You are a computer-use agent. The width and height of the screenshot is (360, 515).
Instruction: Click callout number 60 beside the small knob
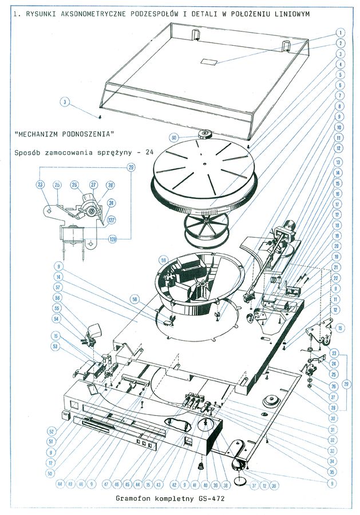click(175, 137)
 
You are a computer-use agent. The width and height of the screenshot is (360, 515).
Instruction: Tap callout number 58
click(135, 298)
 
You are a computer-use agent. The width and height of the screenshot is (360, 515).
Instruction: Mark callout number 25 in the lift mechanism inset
click(57, 185)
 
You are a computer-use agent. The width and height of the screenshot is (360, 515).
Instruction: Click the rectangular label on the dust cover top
click(207, 61)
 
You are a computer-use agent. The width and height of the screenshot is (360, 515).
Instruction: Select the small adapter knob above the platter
click(204, 135)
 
